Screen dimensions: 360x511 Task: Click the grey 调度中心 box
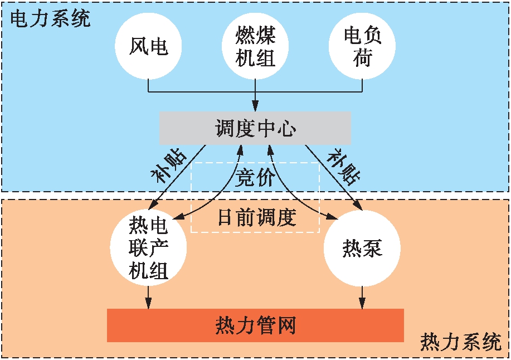[255, 128]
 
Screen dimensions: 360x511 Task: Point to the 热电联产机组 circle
[149, 247]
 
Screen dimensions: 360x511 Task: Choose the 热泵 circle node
[362, 247]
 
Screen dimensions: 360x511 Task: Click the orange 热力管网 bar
[255, 325]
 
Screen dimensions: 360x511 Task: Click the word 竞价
[255, 177]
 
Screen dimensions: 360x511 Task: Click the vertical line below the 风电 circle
[149, 85]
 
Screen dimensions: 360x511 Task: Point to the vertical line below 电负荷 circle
[362, 85]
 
